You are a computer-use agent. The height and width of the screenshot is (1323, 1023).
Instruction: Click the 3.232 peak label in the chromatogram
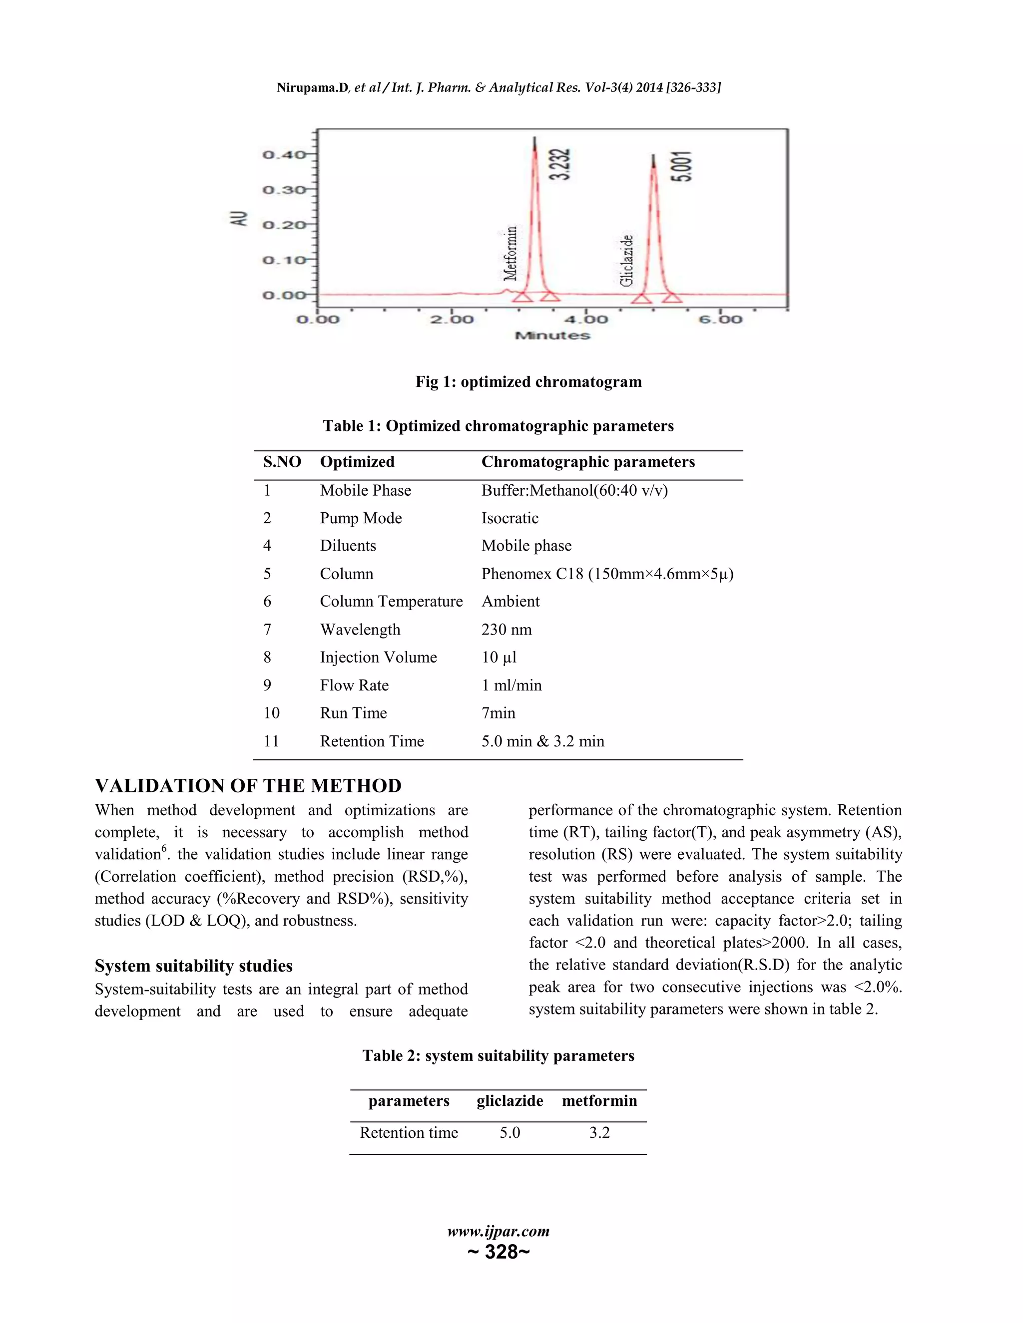coord(560,164)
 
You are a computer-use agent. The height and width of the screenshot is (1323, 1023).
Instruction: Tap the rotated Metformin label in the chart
coord(511,253)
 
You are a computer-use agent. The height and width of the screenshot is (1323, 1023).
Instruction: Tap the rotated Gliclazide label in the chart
coord(627,260)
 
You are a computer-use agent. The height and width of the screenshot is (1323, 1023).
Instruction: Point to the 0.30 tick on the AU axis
coord(284,190)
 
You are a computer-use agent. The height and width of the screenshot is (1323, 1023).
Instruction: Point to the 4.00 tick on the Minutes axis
coord(585,319)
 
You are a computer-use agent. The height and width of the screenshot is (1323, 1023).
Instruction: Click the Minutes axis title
coord(552,335)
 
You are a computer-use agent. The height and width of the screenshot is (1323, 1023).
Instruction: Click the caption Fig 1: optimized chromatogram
coord(528,381)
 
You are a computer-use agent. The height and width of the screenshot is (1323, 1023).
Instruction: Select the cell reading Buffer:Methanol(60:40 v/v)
coord(574,490)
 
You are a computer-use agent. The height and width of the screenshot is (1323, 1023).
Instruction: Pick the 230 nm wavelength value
coord(506,630)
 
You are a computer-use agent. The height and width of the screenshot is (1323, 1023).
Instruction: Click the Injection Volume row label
coord(378,658)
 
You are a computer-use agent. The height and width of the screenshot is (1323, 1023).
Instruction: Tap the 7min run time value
coord(498,713)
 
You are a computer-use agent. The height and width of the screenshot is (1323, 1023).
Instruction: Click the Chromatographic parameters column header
coord(587,462)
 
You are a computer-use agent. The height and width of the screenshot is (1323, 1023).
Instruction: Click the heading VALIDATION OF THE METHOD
coord(248,786)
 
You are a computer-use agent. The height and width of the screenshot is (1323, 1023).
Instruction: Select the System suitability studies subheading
coord(193,966)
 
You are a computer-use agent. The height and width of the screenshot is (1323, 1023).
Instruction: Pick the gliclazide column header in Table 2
coord(509,1101)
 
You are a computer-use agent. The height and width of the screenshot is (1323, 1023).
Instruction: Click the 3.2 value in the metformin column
coord(599,1133)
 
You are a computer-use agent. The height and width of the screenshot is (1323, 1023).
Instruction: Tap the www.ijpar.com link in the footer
coord(498,1231)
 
